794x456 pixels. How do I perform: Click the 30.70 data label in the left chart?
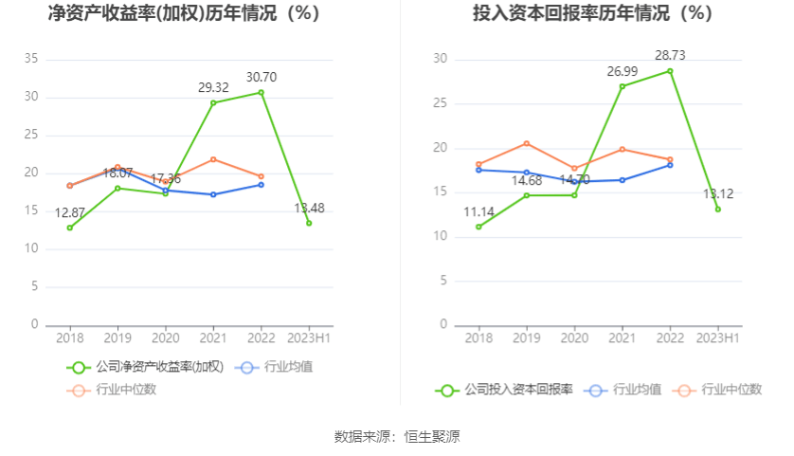261,77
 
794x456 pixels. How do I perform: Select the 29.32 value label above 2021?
213,87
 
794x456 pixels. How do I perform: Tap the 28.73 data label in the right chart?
670,56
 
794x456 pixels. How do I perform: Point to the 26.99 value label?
623,71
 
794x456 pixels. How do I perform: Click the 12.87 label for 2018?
70,212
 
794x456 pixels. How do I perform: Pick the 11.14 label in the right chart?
479,212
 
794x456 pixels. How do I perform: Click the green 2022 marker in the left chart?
261,92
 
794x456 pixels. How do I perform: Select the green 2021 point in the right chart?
623,86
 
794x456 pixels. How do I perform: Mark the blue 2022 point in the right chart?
670,165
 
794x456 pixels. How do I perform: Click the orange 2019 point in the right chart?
527,144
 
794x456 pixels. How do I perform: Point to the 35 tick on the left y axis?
31,59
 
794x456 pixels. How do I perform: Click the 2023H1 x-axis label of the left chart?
309,337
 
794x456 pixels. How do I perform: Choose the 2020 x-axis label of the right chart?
574,337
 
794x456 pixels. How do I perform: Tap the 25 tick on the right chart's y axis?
441,103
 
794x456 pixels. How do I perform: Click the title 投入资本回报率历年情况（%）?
593,13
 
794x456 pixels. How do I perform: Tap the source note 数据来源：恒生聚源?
397,437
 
